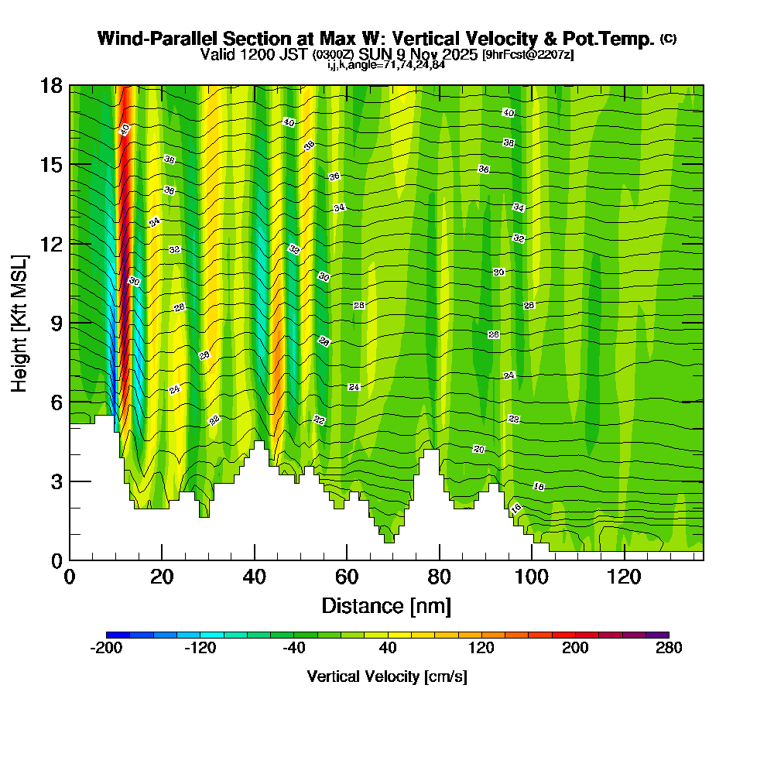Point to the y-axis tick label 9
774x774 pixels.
point(56,322)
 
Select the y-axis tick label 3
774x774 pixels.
point(56,481)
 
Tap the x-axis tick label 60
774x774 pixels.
point(347,577)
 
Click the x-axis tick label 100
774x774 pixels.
point(531,577)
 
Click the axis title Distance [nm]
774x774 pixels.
point(386,605)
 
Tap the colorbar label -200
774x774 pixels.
point(106,649)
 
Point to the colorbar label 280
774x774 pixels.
point(668,649)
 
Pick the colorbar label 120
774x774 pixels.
point(481,649)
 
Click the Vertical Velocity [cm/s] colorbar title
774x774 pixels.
point(387,676)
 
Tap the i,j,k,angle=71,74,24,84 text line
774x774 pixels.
point(386,65)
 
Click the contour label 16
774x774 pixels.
point(515,509)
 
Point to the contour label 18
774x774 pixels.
point(539,486)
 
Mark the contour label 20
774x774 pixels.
point(478,449)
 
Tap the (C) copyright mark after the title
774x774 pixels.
point(668,39)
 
